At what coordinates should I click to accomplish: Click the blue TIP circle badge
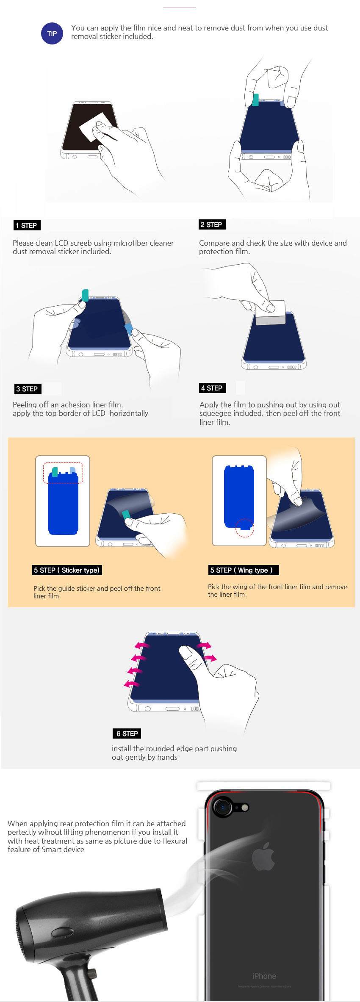52,33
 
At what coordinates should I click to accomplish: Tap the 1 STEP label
27,225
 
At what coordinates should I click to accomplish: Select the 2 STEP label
212,224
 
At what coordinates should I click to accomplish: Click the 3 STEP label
28,389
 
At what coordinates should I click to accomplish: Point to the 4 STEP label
212,388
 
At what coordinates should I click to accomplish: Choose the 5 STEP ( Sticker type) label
67,570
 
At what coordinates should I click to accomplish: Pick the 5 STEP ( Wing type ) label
244,570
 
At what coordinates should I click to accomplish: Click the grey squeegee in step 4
270,313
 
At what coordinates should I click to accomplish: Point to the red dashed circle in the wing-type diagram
245,528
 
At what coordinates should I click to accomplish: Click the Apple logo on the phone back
263,856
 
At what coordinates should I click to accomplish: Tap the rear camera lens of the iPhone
223,807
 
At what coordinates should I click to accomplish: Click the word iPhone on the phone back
264,976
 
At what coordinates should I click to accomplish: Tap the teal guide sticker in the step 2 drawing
255,100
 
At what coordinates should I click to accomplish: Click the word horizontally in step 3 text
129,413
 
